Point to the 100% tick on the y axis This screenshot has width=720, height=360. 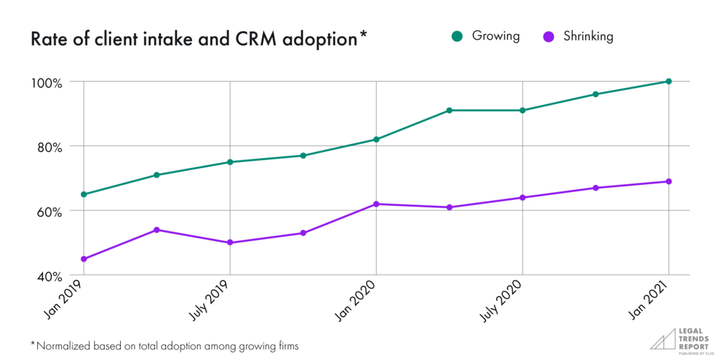[46, 82]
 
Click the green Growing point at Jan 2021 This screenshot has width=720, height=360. [669, 82]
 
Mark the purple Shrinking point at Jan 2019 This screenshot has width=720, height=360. [84, 259]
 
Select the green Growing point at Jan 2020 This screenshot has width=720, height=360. [376, 139]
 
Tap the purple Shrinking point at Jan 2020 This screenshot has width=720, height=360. [376, 204]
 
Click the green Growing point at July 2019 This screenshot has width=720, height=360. [230, 162]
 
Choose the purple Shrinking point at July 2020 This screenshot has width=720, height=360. [522, 198]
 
